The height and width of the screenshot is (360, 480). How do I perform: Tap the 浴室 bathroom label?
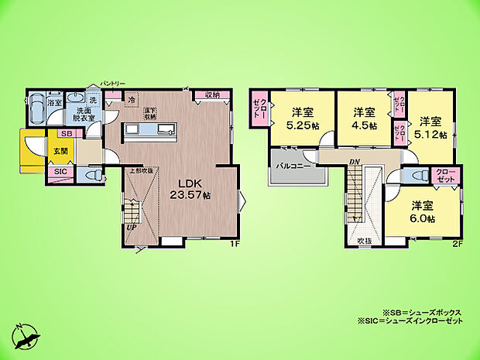coord(54,102)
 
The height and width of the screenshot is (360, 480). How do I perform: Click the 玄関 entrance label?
coord(60,151)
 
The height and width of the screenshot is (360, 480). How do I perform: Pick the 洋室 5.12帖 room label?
coord(430,127)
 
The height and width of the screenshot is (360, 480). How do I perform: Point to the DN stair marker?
coord(354,161)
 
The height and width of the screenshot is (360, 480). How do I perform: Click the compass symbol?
coord(25,335)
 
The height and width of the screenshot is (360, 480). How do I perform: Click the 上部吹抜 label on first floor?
coord(140,170)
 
